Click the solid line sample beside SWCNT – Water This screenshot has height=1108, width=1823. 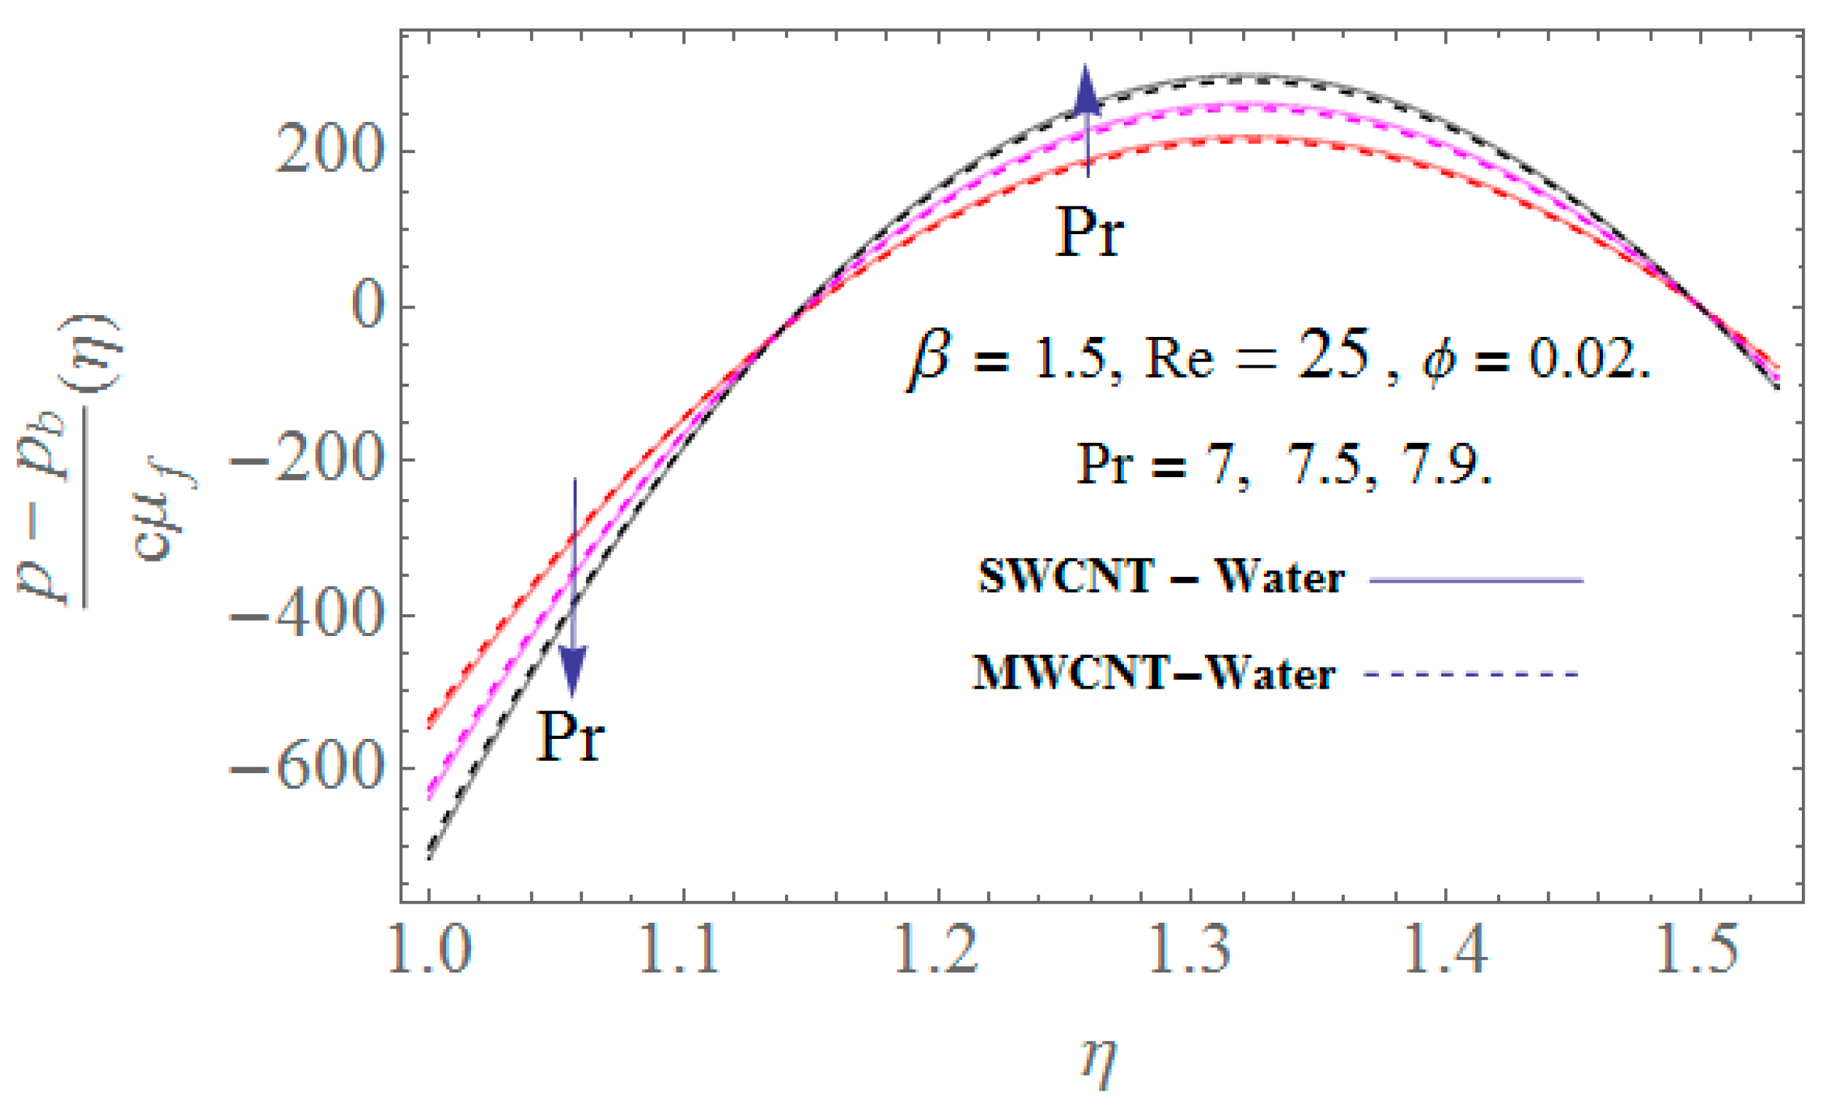pos(1476,581)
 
